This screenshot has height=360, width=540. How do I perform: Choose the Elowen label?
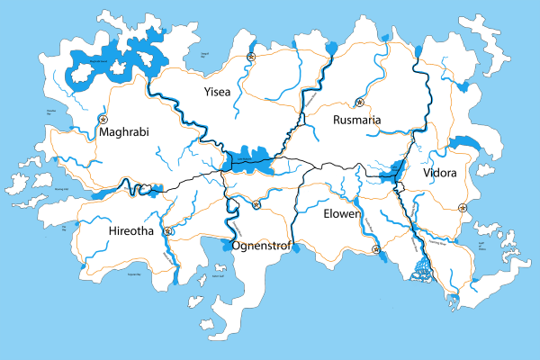pyautogui.click(x=341, y=214)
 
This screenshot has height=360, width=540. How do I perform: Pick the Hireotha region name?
pyautogui.click(x=130, y=231)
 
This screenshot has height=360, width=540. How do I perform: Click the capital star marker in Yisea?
pyautogui.click(x=252, y=58)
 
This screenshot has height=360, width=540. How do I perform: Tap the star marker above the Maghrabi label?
pyautogui.click(x=103, y=118)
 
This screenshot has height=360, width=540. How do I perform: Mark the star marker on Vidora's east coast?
pyautogui.click(x=463, y=208)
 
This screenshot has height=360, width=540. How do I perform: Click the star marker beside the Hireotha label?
pyautogui.click(x=167, y=230)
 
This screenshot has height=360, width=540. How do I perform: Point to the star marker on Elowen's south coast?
pyautogui.click(x=376, y=249)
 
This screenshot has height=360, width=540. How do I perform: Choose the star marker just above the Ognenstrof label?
pyautogui.click(x=256, y=205)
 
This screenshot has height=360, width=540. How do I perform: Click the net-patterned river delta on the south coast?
pyautogui.click(x=420, y=267)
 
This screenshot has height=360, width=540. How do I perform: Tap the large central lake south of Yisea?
pyautogui.click(x=247, y=159)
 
